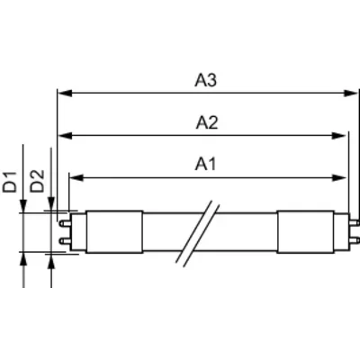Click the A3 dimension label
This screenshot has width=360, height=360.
(205, 80)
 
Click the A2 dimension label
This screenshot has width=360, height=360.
(207, 122)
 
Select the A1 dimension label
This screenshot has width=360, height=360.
(205, 164)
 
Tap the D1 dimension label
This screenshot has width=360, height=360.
(10, 182)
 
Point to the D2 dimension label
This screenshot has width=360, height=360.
(38, 181)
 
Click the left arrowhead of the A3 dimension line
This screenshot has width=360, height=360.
(65, 93)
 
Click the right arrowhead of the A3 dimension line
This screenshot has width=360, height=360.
(351, 93)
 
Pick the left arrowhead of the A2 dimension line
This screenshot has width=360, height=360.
(65, 136)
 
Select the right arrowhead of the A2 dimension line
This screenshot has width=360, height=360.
(339, 136)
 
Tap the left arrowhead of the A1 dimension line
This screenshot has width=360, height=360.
(76, 178)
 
